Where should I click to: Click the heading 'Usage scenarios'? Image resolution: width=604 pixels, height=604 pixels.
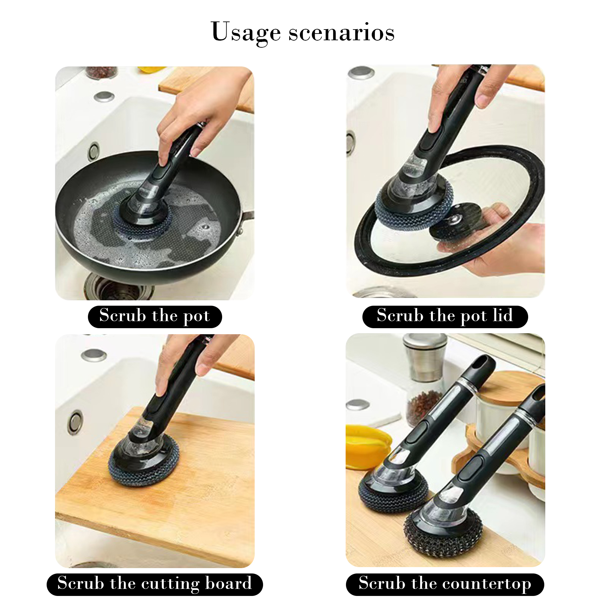click(303, 33)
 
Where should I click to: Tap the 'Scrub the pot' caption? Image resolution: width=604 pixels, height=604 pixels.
click(155, 316)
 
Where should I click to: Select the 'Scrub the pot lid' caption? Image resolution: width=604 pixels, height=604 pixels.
click(445, 316)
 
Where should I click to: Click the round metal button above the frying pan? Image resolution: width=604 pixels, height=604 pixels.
click(104, 96)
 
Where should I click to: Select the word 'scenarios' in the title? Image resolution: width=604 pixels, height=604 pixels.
click(342, 34)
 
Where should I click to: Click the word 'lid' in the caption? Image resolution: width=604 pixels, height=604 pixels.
click(503, 315)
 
